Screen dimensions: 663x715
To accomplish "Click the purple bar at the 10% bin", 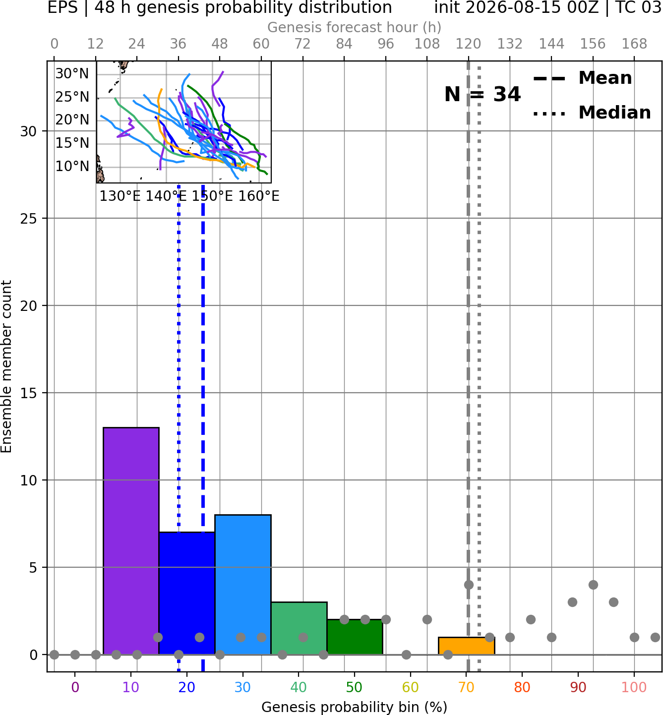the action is point(131,541).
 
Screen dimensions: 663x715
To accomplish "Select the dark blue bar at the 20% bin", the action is point(187,594).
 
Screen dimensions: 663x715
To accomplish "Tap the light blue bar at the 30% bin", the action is point(242,585).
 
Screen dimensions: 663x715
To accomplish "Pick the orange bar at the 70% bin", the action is point(466,646).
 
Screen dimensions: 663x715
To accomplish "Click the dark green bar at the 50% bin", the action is point(355,637).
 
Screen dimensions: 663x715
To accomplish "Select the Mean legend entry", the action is point(582,78).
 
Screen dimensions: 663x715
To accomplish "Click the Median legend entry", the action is point(592,113).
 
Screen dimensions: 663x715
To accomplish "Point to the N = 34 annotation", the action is point(482,94).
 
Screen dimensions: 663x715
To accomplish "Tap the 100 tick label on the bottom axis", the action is point(634,687).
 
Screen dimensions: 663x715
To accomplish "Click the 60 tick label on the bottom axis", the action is point(410,687).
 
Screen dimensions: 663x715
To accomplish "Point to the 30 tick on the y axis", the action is point(28,131).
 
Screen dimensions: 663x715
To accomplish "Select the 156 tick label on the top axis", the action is point(593,44).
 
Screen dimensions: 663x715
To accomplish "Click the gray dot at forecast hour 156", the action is point(593,585).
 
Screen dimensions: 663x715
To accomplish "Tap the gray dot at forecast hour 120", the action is point(469,585).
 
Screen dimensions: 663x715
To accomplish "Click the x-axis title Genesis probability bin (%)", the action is point(355,707).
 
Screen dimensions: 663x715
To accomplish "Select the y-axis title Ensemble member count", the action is point(6,366).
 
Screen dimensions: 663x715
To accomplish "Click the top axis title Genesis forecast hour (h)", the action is point(355,27).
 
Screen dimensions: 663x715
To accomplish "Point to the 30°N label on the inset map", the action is point(72,74).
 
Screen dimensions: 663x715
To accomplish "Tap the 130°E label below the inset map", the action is point(120,196).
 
